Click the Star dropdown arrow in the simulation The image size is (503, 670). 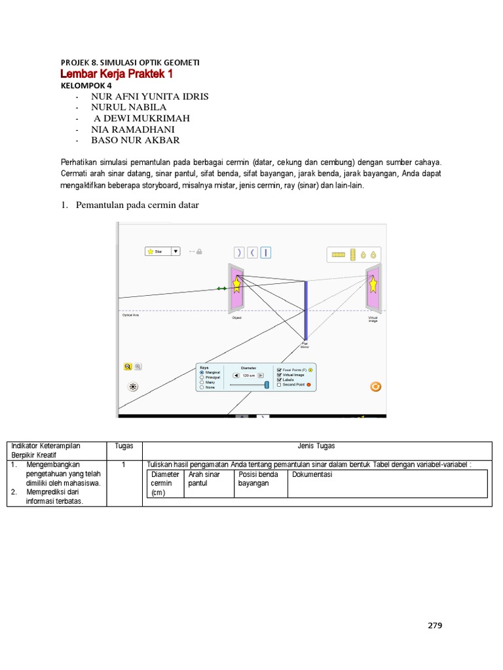tap(176, 251)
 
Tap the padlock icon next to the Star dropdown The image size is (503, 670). tap(199, 251)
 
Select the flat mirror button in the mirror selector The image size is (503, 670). tap(267, 253)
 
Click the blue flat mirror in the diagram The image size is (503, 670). tap(305, 310)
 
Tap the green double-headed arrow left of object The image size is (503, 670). tap(222, 288)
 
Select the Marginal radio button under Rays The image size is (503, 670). tap(202, 372)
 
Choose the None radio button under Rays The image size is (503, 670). tap(202, 387)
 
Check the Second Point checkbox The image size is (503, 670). tap(279, 385)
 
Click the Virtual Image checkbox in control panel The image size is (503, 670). tap(279, 375)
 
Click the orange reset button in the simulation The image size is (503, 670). tap(375, 386)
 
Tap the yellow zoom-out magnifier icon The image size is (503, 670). tap(128, 367)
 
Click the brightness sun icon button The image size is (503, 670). tap(133, 386)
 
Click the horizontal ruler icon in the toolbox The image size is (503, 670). tap(338, 254)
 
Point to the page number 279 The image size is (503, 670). tap(435, 626)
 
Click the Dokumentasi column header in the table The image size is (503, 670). tap(312, 474)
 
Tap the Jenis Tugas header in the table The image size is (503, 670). tap(316, 446)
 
